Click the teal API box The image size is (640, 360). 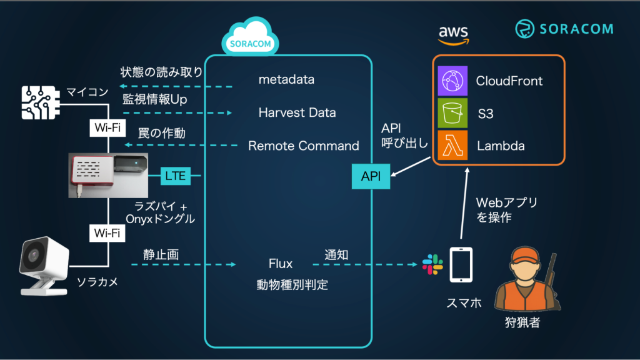click(x=371, y=176)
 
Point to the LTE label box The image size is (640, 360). click(x=175, y=176)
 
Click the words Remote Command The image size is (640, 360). click(x=304, y=146)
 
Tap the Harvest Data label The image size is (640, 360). click(x=297, y=113)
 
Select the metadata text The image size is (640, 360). click(x=286, y=80)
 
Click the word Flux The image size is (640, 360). click(x=281, y=264)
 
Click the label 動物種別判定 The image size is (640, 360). click(x=292, y=284)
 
